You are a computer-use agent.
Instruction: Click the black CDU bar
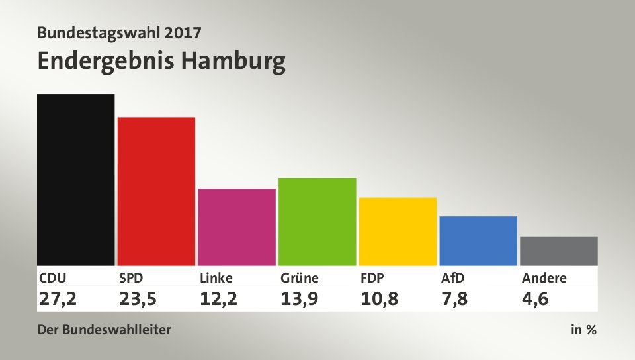pyautogui.click(x=76, y=179)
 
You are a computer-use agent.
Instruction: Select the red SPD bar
pyautogui.click(x=156, y=191)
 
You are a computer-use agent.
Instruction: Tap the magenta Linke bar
pyautogui.click(x=237, y=227)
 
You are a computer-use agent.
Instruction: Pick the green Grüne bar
pyautogui.click(x=317, y=222)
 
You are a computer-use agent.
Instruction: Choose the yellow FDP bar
pyautogui.click(x=398, y=231)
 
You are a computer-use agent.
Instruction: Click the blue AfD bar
pyautogui.click(x=478, y=241)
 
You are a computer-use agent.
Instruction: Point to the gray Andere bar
pyautogui.click(x=559, y=251)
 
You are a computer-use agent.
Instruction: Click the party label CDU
pyautogui.click(x=53, y=278)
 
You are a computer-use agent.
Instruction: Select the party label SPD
pyautogui.click(x=132, y=278)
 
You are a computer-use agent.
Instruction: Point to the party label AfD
pyautogui.click(x=454, y=278)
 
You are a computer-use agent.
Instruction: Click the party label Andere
pyautogui.click(x=544, y=278)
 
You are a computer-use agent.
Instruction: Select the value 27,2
pyautogui.click(x=58, y=299)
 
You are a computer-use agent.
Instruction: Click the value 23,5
pyautogui.click(x=138, y=299)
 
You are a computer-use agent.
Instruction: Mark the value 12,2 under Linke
pyautogui.click(x=218, y=299)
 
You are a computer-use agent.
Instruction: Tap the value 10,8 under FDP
pyautogui.click(x=380, y=299)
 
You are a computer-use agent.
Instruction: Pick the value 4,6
pyautogui.click(x=536, y=299)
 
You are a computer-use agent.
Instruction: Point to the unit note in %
pyautogui.click(x=583, y=330)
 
